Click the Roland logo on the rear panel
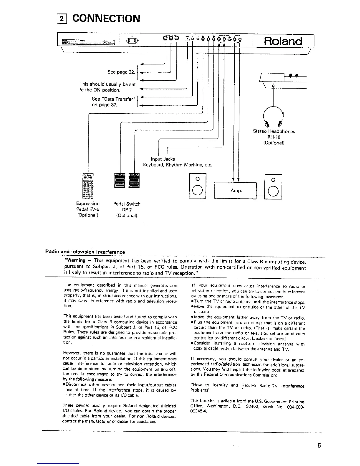283,41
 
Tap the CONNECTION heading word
106,18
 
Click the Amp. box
236,191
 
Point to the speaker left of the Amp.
198,186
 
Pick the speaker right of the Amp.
273,186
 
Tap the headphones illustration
274,116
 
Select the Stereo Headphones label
274,131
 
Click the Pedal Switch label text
127,204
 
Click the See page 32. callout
121,72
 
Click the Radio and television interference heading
85,252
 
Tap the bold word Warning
76,260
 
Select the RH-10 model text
274,137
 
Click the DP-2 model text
127,209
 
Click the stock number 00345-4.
199,412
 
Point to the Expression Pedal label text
88,204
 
